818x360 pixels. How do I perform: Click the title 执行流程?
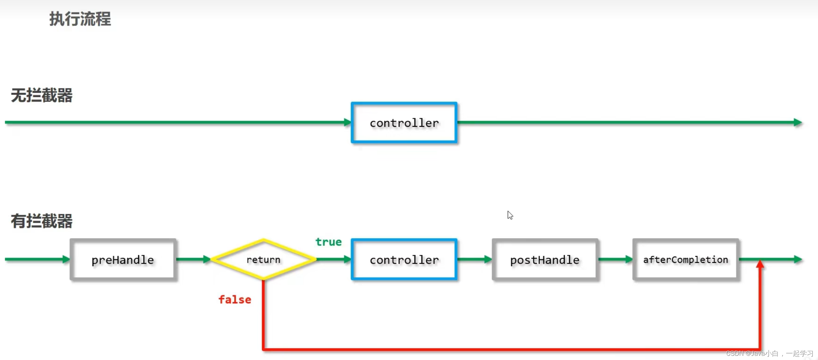tap(80, 19)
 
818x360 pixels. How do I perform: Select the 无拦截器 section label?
tap(42, 95)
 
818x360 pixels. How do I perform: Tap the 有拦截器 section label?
tap(42, 221)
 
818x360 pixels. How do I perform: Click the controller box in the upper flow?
tap(404, 123)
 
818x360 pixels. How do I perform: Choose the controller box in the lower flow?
tap(404, 259)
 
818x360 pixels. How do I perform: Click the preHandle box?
tap(123, 259)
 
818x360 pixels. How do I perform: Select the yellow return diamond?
tap(263, 259)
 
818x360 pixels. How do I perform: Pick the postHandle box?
tap(545, 259)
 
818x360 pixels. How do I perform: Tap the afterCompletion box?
tap(685, 259)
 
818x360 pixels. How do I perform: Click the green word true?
tap(328, 242)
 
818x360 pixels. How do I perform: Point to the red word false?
tap(235, 300)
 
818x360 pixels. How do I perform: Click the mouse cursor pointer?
tap(510, 215)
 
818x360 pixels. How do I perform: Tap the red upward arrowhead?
tap(760, 264)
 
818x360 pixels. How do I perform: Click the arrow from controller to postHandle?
tap(474, 259)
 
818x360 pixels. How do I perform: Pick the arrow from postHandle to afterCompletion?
tap(615, 259)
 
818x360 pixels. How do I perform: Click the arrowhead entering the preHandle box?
tap(66, 259)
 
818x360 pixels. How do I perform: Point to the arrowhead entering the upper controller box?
tap(347, 122)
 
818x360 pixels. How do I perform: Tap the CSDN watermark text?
tap(769, 353)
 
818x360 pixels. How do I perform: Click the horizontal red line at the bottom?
tap(510, 349)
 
